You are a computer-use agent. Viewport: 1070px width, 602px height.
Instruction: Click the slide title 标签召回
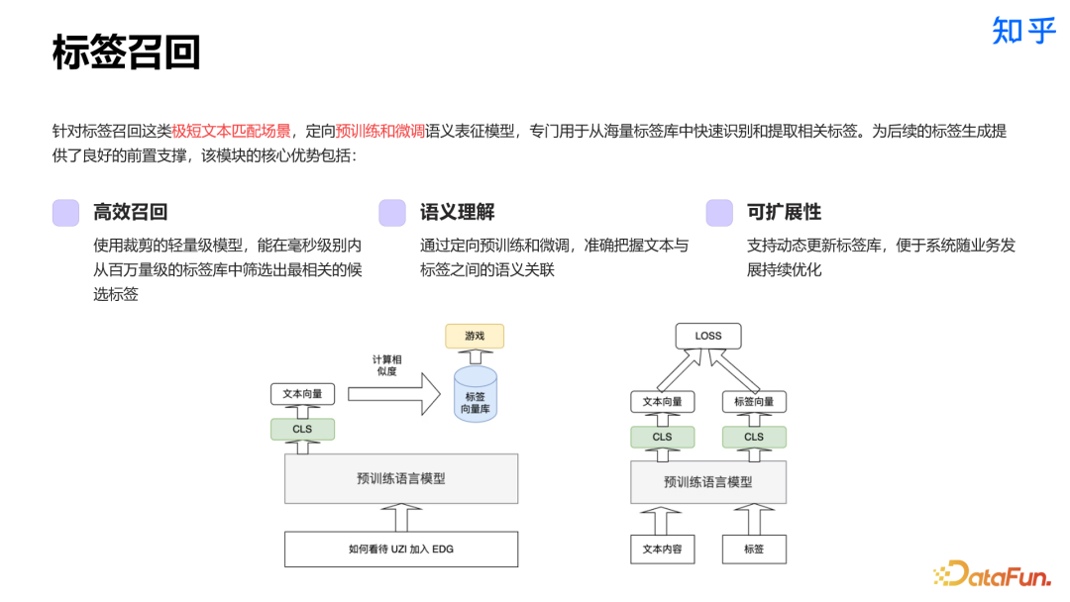(x=126, y=51)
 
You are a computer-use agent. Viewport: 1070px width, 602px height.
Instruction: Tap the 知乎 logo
(x=1023, y=31)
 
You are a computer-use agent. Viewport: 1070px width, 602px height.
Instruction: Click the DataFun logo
(x=992, y=572)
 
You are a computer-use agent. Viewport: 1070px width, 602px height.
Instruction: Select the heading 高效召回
(x=130, y=212)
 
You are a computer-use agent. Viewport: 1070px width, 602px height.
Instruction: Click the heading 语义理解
(x=457, y=212)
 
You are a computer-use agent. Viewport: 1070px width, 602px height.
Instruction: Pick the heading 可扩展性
(x=784, y=212)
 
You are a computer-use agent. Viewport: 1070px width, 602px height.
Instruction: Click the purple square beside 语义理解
(x=392, y=213)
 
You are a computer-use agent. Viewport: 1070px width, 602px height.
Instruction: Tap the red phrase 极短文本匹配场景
(x=231, y=131)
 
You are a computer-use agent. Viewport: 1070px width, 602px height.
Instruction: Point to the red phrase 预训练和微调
(x=379, y=131)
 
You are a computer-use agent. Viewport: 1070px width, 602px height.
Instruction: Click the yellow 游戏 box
(x=475, y=336)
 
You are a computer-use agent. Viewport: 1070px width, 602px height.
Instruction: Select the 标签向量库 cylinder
(x=475, y=396)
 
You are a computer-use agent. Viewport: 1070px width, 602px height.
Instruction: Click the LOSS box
(x=708, y=336)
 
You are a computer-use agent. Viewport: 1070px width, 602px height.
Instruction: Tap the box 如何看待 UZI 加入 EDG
(x=401, y=549)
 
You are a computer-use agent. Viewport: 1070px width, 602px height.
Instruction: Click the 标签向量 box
(x=754, y=401)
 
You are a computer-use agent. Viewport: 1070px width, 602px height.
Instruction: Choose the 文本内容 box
(x=663, y=549)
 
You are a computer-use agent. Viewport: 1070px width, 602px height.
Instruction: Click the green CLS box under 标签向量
(x=754, y=437)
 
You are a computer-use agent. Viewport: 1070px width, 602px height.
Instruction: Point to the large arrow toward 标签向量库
(x=393, y=393)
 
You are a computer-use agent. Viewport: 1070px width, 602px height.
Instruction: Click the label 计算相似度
(x=385, y=364)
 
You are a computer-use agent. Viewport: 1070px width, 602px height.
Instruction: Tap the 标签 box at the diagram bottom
(x=754, y=549)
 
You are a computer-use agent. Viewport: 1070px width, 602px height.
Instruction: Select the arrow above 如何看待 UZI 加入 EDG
(x=401, y=516)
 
